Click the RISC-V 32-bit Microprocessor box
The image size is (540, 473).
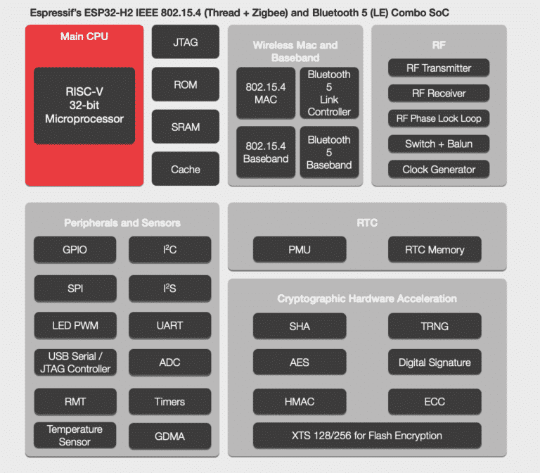[84, 106]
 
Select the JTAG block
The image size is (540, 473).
[186, 42]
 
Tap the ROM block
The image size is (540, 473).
[186, 84]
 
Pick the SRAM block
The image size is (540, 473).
[186, 127]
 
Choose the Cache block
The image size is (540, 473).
[186, 169]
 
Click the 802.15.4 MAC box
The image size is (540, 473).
[266, 93]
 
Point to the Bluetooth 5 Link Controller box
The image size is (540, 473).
[329, 93]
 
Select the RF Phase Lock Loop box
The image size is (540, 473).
[439, 118]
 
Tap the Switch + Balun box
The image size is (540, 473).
[439, 144]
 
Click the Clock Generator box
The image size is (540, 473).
[439, 169]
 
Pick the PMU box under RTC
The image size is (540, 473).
[300, 249]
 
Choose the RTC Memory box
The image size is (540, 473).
[435, 249]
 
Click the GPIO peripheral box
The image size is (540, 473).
[75, 249]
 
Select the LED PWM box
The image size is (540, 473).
[75, 325]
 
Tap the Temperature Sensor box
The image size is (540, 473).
[75, 435]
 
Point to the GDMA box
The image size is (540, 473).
[169, 436]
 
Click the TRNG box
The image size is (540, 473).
[435, 326]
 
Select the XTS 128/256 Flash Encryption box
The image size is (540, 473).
[367, 435]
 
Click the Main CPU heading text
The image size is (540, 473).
[84, 36]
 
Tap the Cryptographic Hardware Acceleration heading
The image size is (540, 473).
[367, 298]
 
